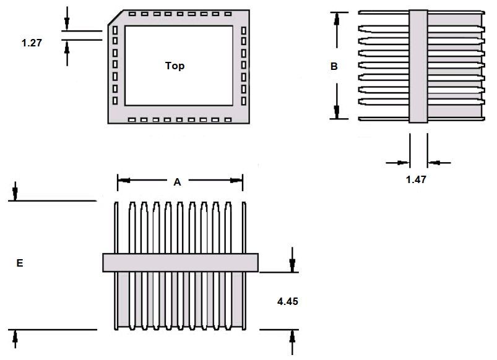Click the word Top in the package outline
[175, 66]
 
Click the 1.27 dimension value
[32, 43]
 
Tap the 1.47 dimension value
[416, 179]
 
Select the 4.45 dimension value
[287, 301]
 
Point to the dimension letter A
[177, 182]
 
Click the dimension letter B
[334, 66]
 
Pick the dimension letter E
[20, 263]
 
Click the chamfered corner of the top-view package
[115, 17]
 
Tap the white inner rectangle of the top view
[179, 66]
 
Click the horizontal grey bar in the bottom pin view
[180, 262]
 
